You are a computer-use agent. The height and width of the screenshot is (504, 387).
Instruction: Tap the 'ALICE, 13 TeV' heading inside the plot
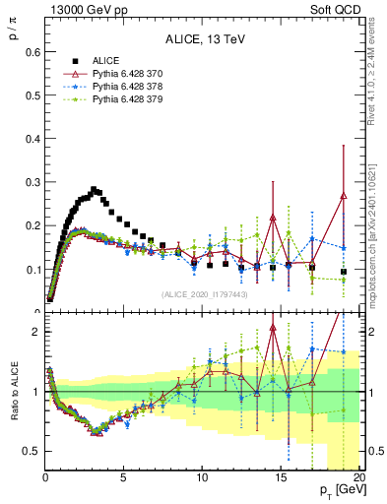pyautogui.click(x=202, y=40)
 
